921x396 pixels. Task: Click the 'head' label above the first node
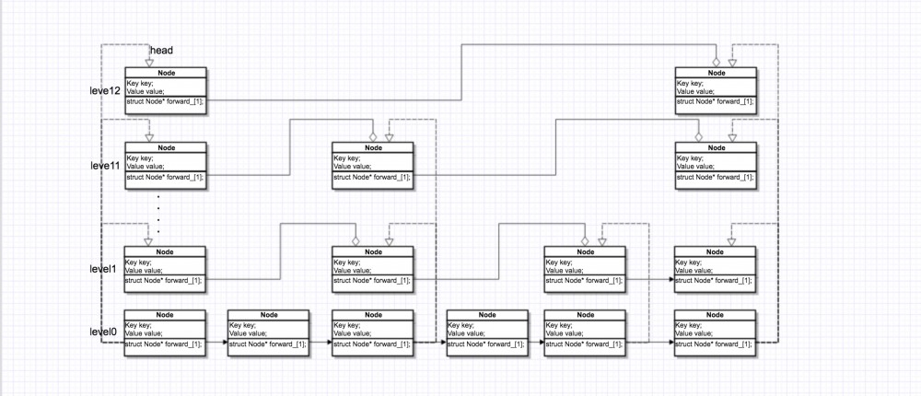point(161,51)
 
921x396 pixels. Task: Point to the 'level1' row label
point(101,269)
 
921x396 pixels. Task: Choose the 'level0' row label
point(101,331)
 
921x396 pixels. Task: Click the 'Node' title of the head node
point(165,73)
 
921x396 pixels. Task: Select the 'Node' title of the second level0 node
point(268,315)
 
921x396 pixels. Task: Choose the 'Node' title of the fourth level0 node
point(485,315)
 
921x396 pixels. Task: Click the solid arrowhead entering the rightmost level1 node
point(670,280)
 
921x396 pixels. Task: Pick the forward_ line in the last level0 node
point(715,344)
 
